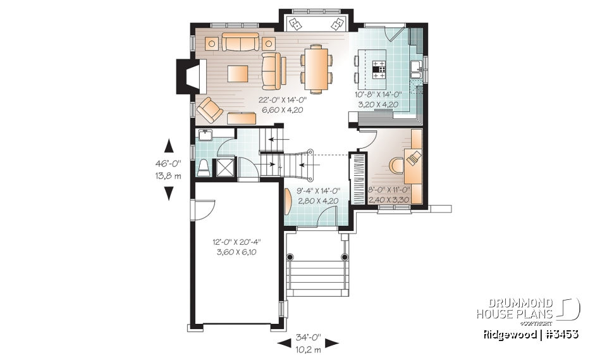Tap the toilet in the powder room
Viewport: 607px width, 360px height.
point(204,167)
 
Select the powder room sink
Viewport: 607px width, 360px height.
point(205,135)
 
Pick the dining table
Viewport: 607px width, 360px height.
point(315,68)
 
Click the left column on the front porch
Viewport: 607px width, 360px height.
point(290,258)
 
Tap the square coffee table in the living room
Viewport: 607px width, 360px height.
point(238,73)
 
